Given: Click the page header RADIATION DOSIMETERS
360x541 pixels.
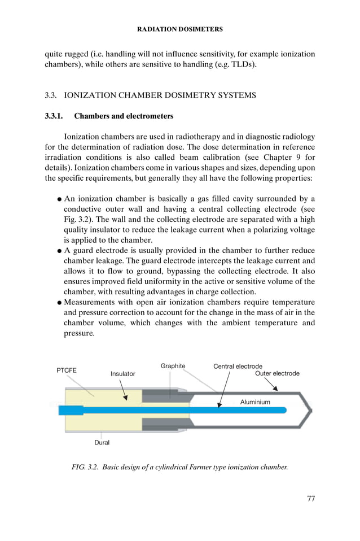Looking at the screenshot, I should coord(180,29).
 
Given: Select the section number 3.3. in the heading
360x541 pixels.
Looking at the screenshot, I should coord(52,95).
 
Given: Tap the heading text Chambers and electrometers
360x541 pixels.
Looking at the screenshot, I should coord(124,116).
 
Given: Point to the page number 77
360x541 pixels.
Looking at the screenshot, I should coord(310,498).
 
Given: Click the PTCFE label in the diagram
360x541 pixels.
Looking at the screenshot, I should coord(67,370).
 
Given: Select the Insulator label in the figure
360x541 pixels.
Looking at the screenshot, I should coord(122,374).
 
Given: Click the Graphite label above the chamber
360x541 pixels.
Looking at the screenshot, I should coord(173,366).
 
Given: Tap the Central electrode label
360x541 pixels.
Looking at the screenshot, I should coord(238,367).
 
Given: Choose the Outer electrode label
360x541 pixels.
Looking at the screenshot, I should coord(277,373).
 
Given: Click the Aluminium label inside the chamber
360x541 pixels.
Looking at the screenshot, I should coord(255,402).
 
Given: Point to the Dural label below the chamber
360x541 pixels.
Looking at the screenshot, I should coord(102,443).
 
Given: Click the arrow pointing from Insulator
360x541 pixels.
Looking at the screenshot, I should coord(125,390).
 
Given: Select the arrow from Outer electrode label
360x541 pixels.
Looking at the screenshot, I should coord(271,385).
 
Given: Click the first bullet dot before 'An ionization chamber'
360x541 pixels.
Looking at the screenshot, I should coord(59,199).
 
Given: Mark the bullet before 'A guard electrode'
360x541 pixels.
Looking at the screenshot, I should coord(59,251).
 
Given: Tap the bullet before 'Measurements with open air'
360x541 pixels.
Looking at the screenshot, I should coord(59,303).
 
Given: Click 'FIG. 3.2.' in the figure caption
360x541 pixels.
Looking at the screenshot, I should coord(85,467).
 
